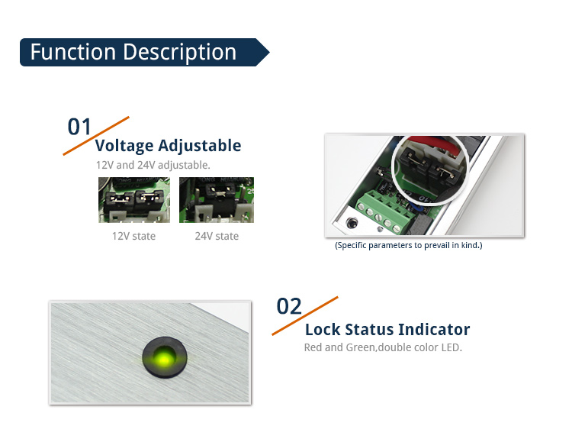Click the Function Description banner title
[x=133, y=52]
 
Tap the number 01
[x=79, y=127]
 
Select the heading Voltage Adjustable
[x=169, y=146]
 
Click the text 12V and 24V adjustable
[x=153, y=165]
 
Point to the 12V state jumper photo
[x=134, y=200]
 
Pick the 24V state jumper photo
[x=217, y=200]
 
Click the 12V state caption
[x=133, y=236]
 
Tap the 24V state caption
[x=217, y=236]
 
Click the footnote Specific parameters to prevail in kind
[x=409, y=245]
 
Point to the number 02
[x=289, y=306]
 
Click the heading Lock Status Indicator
[x=387, y=330]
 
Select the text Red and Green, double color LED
[x=383, y=347]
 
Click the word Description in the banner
[x=180, y=52]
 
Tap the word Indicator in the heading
[x=434, y=330]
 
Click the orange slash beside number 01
[x=96, y=136]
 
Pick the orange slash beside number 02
[x=305, y=316]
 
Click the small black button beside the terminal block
[x=352, y=222]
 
